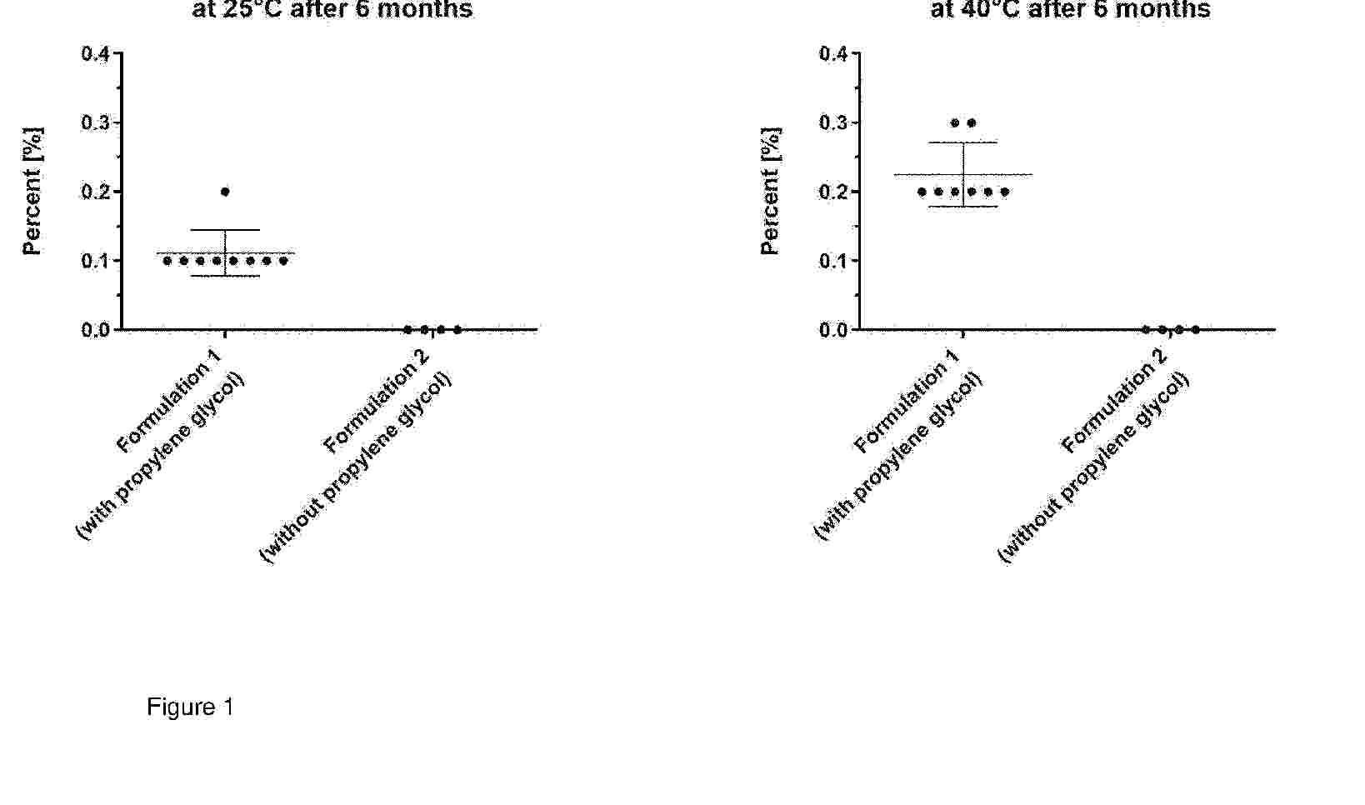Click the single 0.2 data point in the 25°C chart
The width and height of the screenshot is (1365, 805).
225,192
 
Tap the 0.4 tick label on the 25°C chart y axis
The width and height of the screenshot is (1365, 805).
95,54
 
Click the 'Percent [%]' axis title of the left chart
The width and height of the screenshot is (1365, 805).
32,192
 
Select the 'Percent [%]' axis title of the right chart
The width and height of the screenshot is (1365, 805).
771,192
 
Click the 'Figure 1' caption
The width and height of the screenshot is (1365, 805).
190,707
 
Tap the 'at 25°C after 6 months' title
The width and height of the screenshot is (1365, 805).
332,10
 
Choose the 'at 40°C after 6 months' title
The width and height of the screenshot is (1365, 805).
1070,10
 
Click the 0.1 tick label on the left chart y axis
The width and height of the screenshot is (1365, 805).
95,261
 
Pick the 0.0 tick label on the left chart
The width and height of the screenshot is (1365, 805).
95,330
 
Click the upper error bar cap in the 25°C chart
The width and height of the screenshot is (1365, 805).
225,230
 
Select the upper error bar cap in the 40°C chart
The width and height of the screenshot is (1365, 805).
963,142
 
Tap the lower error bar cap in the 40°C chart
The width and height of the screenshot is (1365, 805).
963,207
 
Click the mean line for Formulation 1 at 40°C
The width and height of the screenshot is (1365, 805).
963,175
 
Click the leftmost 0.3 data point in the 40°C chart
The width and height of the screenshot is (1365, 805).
955,123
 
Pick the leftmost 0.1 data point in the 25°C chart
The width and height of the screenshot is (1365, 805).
167,261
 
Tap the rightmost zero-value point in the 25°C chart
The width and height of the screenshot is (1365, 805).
457,330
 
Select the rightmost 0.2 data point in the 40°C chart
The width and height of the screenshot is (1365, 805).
1005,192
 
